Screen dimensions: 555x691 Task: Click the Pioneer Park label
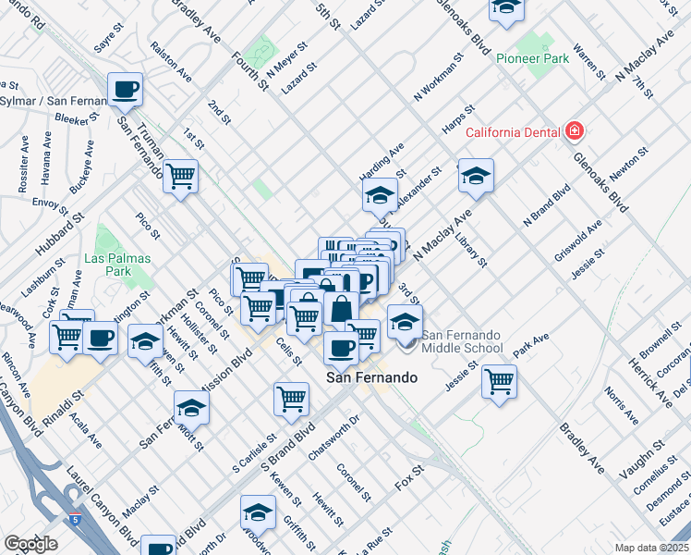(533, 56)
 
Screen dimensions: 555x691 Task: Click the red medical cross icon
(575, 131)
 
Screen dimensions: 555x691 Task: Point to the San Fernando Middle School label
(462, 341)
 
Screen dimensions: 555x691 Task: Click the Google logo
(30, 544)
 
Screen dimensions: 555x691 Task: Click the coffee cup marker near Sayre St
(125, 90)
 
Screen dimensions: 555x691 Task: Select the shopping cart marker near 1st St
(181, 175)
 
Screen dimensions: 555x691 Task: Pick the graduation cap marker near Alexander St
(476, 176)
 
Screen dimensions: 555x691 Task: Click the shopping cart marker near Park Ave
(499, 380)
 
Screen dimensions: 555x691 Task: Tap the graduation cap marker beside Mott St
(191, 407)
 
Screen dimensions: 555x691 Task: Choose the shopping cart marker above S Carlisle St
(291, 399)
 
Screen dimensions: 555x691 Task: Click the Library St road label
(471, 250)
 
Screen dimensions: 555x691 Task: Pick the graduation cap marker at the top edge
(505, 7)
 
